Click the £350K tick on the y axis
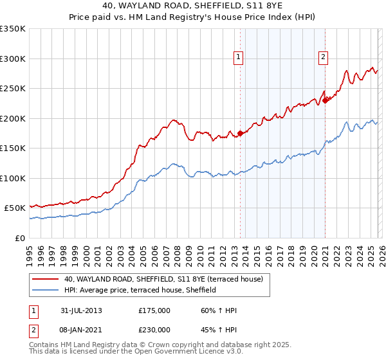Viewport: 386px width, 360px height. [13, 29]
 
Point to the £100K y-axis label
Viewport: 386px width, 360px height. [13, 178]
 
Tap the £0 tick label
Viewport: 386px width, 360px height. [19, 238]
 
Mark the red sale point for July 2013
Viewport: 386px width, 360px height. [240, 133]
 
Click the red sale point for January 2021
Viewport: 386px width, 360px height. [326, 100]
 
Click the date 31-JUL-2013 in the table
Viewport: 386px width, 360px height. [78, 310]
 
